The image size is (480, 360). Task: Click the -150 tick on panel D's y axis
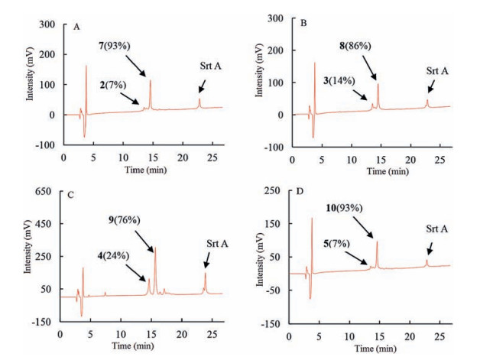[x=269, y=323]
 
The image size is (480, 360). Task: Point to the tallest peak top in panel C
[x=155, y=249]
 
